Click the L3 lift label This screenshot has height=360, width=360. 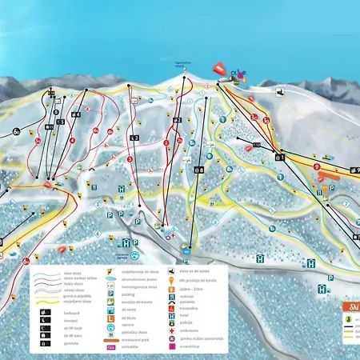134,138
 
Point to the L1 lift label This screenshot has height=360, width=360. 280,158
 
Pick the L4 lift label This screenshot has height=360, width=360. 75,114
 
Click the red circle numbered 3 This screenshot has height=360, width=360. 130,158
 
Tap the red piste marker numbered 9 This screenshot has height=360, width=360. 317,167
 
